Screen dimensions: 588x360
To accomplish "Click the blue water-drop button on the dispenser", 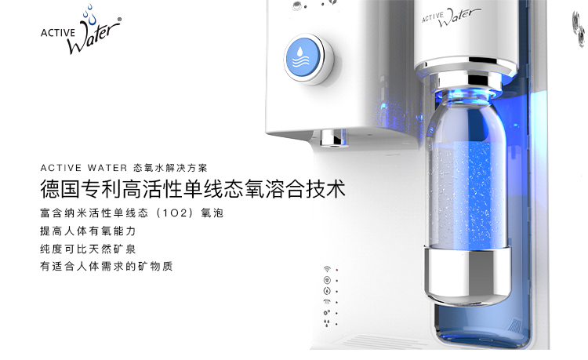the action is click(303, 59).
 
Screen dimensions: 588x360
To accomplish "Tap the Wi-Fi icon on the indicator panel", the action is click(327, 269).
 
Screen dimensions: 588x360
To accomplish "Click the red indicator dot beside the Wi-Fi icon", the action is click(337, 270).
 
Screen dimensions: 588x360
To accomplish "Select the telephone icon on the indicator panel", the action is click(327, 301).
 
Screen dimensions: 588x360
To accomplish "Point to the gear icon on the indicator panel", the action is click(327, 312).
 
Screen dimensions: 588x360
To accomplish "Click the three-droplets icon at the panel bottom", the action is click(327, 323).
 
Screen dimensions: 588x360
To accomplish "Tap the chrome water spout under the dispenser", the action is click(333, 138).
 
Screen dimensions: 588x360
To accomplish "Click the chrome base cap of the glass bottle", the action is click(467, 275).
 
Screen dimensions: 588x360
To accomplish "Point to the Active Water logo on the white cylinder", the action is click(451, 17).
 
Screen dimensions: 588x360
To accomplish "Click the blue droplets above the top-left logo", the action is click(89, 15).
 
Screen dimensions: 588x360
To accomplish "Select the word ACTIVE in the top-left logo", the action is click(58, 33).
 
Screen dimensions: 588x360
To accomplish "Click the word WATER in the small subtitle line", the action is click(107, 168).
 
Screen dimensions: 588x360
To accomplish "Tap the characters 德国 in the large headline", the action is click(60, 188).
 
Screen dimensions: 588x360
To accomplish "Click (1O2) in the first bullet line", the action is click(174, 213).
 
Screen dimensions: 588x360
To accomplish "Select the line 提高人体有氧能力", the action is click(88, 231).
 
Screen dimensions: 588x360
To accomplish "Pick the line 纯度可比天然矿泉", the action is click(88, 249).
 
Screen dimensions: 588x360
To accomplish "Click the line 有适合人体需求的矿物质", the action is click(107, 266).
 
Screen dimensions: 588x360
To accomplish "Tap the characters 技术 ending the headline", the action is click(325, 188).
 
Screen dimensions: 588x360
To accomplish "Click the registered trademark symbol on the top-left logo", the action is click(119, 19).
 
